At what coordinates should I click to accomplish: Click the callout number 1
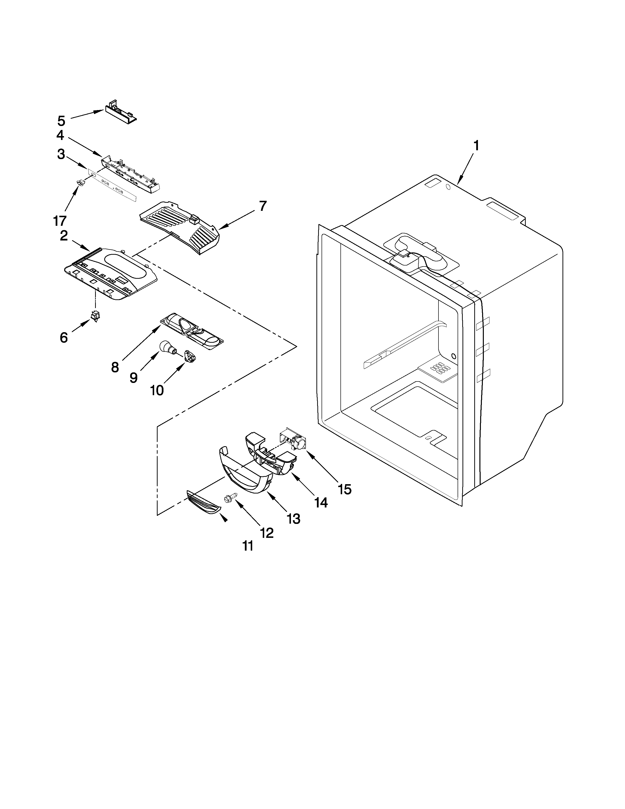pyautogui.click(x=476, y=146)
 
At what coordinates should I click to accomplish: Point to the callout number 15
pyautogui.click(x=344, y=489)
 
